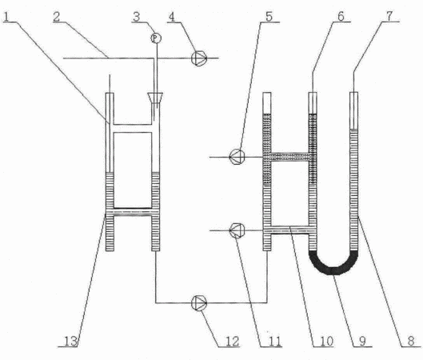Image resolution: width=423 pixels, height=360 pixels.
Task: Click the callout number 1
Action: (6, 17)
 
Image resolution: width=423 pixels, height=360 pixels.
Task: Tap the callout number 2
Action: (57, 17)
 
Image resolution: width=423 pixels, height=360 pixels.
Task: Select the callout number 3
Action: (137, 17)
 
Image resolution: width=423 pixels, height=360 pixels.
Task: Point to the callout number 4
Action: (172, 17)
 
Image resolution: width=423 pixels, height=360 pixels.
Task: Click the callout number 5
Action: (269, 16)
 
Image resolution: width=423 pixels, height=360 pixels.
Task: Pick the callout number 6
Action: (341, 16)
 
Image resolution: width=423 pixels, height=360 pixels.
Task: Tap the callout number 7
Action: (389, 16)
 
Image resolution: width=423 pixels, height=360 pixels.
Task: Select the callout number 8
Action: (411, 341)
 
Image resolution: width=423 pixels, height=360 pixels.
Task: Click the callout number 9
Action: (363, 341)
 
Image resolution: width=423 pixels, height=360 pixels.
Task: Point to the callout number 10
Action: (327, 341)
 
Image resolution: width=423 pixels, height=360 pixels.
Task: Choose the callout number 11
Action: (274, 341)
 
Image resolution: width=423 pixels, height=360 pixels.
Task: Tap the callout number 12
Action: (232, 341)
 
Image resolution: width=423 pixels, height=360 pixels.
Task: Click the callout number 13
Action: (70, 341)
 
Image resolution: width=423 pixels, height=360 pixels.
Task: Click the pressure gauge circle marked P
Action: (156, 38)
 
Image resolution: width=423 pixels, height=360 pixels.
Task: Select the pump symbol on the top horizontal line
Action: (199, 58)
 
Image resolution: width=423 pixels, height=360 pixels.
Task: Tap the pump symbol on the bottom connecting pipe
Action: (199, 302)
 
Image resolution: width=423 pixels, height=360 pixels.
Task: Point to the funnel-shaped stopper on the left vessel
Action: (155, 98)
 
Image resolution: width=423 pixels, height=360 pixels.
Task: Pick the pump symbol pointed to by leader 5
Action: (237, 157)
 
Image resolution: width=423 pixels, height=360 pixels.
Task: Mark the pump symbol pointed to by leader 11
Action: (237, 230)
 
